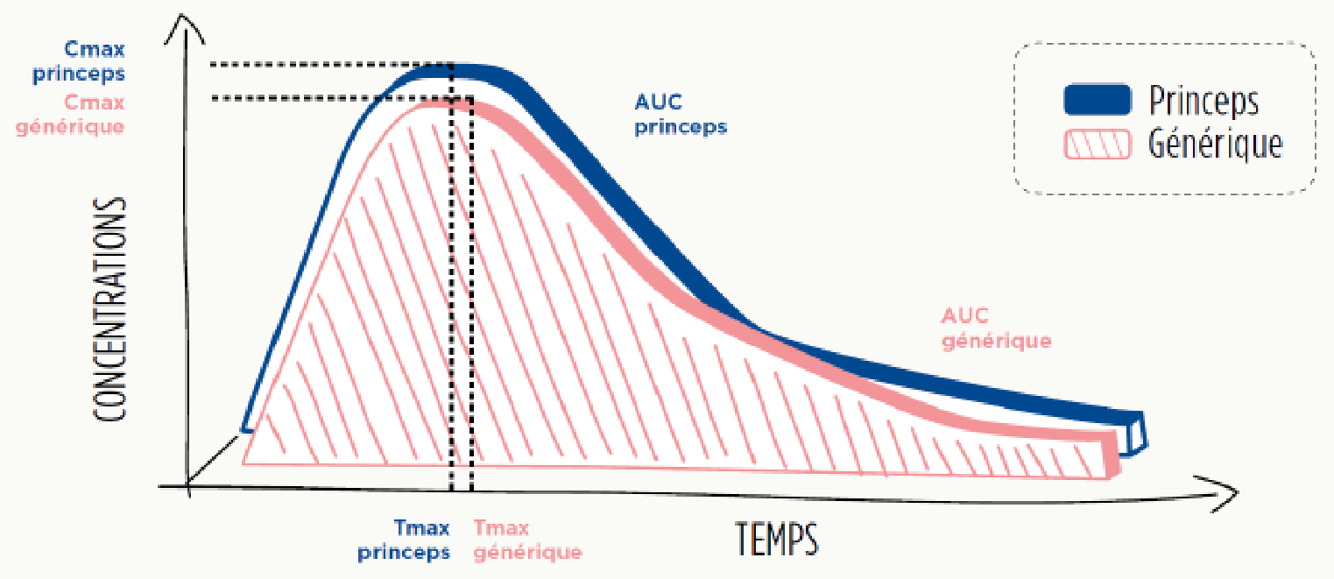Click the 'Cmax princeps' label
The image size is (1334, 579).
79,61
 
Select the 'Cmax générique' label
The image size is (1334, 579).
70,115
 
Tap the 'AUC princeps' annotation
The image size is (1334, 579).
681,115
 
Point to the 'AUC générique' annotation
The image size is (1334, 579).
996,328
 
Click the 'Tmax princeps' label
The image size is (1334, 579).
404,540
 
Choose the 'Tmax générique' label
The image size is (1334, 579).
527,540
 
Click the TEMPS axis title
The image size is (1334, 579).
777,539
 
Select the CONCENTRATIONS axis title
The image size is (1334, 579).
110,310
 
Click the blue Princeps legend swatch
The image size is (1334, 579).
1097,100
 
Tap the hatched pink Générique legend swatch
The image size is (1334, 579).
1097,145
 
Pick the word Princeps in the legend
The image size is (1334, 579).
1203,102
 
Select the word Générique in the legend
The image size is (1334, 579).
1216,145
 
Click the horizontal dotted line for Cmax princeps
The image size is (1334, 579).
331,64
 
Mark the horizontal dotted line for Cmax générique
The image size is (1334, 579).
342,98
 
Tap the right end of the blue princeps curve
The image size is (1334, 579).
1138,434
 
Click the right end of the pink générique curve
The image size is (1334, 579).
1112,455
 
